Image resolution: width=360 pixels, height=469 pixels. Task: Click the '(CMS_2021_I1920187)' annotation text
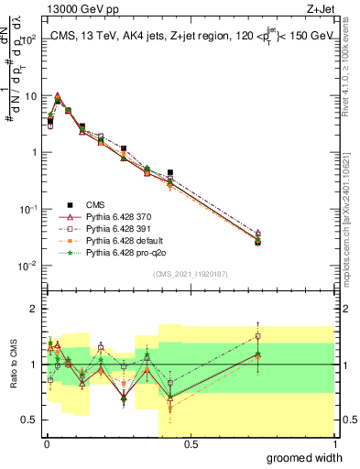(x=190, y=274)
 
